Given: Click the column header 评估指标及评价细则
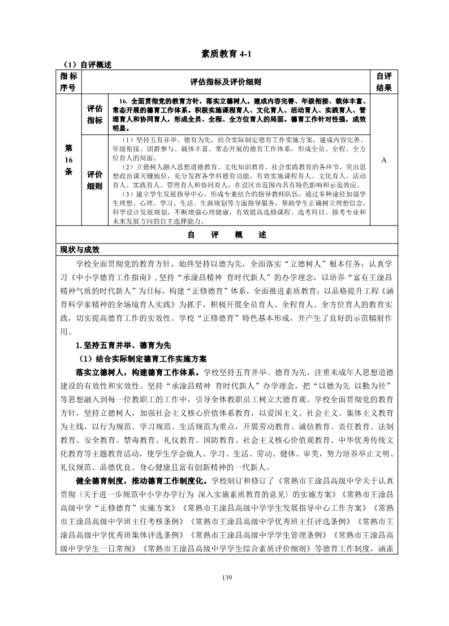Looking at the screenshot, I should (x=226, y=82).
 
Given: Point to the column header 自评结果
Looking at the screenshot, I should (x=383, y=82).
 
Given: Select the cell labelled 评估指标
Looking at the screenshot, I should (x=94, y=114).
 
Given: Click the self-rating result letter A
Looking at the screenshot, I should (x=383, y=160).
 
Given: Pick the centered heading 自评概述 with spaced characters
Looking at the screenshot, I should (x=226, y=235).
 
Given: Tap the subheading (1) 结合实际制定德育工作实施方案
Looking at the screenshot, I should (x=143, y=359).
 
